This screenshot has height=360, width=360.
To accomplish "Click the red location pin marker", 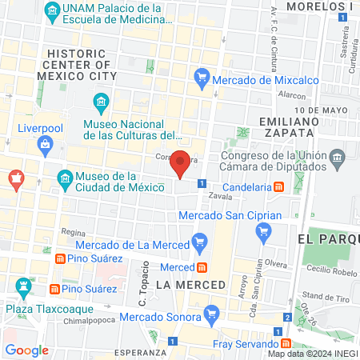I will (x=181, y=163).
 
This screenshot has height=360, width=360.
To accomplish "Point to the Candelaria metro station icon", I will (x=278, y=186).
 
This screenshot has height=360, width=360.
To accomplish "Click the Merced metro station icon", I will (x=203, y=266).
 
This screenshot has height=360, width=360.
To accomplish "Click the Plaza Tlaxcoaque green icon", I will (x=22, y=286).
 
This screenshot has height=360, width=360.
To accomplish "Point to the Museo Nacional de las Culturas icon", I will (x=101, y=102).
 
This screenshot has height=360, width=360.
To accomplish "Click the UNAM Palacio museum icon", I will (x=52, y=10).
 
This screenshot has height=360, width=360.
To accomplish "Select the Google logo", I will (x=26, y=350).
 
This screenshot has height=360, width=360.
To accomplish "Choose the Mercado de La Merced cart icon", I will (x=200, y=238).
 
